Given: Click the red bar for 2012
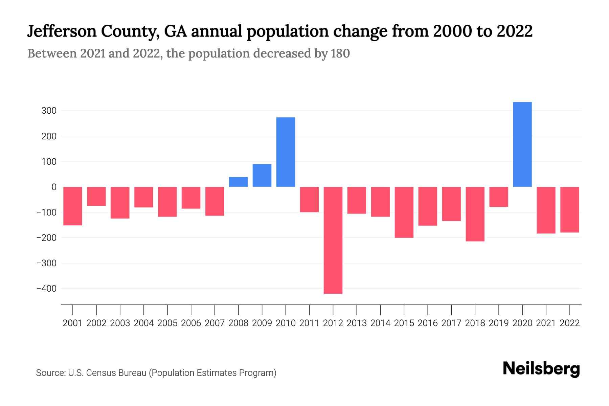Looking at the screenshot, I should [x=333, y=240].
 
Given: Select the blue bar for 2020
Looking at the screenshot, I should [x=522, y=144].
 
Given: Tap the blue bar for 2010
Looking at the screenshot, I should [x=286, y=152].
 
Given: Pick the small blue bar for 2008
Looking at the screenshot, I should [x=238, y=182].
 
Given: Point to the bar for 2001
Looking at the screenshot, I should [x=73, y=206].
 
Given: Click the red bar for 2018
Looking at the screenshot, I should [x=475, y=214].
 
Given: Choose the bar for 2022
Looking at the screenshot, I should [x=570, y=209].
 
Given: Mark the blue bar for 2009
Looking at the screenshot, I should [x=262, y=175].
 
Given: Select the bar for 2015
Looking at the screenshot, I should [x=404, y=212].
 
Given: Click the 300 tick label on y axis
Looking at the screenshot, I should [x=49, y=111].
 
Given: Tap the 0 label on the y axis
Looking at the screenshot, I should [x=54, y=187].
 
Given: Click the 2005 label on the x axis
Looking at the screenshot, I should [x=167, y=323].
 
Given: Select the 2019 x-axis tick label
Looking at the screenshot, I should [x=499, y=323].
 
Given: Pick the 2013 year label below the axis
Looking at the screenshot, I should [x=357, y=323].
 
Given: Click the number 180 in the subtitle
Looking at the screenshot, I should [x=340, y=53].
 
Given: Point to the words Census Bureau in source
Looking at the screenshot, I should [x=116, y=373].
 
